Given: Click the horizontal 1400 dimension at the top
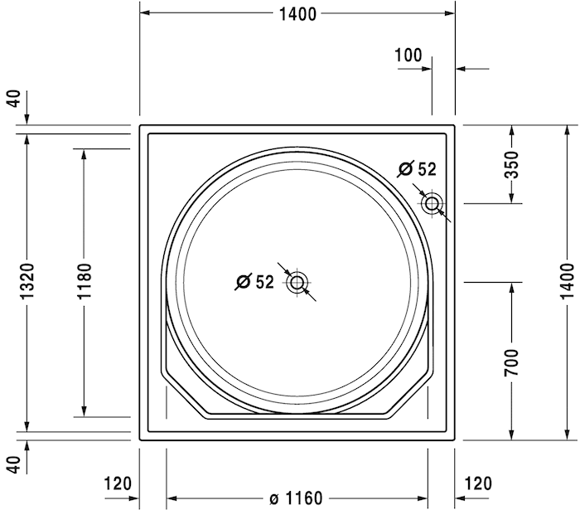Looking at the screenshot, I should tap(297, 13).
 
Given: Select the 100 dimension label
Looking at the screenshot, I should tap(408, 56).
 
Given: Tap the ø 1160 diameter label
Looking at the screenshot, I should tap(296, 498).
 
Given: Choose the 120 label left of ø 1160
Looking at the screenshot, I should tap(118, 483).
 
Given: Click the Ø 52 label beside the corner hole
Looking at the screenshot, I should tap(417, 169).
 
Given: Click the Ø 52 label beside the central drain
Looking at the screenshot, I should tap(254, 282).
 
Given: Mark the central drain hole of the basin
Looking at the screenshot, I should tap(297, 283).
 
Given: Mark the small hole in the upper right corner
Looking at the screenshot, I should tap(432, 203).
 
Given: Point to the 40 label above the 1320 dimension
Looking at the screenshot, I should tap(12, 99).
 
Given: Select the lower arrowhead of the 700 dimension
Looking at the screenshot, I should tap(511, 435).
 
